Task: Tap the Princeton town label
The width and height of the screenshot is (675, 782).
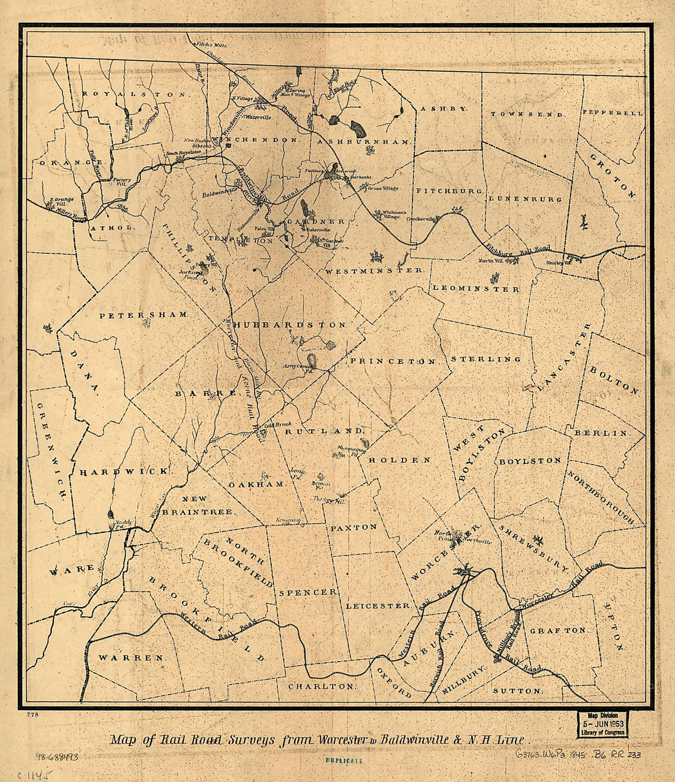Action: pos(394,362)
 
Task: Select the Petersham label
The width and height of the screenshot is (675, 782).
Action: pos(144,314)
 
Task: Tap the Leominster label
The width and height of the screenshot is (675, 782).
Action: pos(476,288)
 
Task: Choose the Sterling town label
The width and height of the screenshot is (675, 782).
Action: pos(486,359)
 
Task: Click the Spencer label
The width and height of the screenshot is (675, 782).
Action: pos(308,592)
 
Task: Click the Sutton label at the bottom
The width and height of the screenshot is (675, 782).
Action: pos(517,691)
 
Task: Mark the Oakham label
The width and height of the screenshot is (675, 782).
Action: pos(258,484)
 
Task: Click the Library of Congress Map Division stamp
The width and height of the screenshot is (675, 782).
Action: pos(602,724)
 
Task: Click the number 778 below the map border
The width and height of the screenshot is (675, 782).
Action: pos(33,714)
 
